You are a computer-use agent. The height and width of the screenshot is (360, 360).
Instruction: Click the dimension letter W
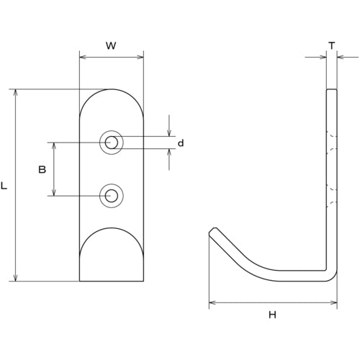tap(111, 45)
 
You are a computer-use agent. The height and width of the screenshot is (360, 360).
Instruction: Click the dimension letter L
tap(5, 186)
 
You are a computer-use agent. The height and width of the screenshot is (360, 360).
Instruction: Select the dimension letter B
tap(42, 169)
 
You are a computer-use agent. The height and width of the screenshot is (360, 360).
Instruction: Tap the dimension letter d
tap(181, 143)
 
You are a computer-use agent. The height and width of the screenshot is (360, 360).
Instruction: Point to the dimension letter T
tap(331, 45)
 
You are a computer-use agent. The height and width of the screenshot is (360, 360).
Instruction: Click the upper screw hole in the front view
tap(111, 143)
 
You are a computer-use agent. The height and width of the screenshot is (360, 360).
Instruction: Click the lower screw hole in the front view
tap(111, 195)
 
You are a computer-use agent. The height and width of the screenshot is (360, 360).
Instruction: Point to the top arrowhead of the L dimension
tap(16, 93)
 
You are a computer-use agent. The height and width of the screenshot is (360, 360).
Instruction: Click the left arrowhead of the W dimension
tap(82, 56)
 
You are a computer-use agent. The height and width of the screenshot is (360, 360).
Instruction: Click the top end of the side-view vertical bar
tap(331, 91)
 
